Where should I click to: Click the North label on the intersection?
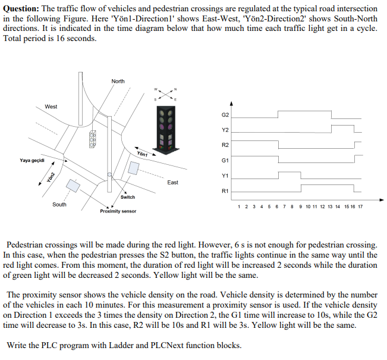[118, 81]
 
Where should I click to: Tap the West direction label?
[51, 107]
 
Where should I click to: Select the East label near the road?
[172, 182]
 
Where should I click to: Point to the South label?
[59, 204]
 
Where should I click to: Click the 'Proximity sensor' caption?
[118, 211]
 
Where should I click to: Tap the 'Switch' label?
[127, 197]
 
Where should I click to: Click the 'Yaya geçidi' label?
[32, 160]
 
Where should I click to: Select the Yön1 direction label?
[143, 154]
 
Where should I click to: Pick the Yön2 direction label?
[52, 177]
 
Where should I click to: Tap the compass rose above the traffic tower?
[165, 94]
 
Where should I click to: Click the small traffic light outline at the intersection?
[93, 139]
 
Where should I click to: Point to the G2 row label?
[225, 114]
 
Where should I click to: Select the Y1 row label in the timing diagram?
[225, 176]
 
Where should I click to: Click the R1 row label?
[225, 191]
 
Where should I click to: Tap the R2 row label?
[225, 145]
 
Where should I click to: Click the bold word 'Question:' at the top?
[21, 9]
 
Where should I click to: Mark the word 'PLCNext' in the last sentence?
[187, 345]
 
